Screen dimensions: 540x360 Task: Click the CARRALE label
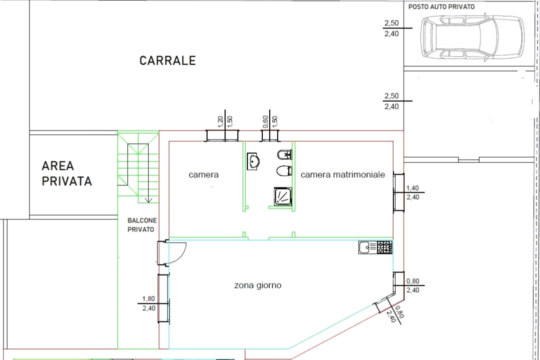[x=167, y=60]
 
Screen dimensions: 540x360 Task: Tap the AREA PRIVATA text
[x=67, y=173]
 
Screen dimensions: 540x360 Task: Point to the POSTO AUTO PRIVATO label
[x=441, y=6]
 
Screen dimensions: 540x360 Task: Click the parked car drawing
[x=472, y=37]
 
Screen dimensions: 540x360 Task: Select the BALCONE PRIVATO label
[x=142, y=225]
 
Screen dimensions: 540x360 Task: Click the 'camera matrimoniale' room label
[x=343, y=174]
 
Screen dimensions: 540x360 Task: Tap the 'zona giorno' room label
[x=258, y=285]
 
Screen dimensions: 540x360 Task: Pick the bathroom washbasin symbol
[x=253, y=161]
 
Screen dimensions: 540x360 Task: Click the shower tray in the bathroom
[x=283, y=196]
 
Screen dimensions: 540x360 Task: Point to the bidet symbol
[x=284, y=155]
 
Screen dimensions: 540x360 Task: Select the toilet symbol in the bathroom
[x=284, y=170]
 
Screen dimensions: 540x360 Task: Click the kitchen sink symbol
[x=368, y=247]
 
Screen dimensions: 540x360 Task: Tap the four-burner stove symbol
[x=384, y=247]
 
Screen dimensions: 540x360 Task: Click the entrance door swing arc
[x=180, y=255]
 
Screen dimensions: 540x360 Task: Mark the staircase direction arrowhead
[x=149, y=199]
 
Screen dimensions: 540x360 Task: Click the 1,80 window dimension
[x=149, y=298]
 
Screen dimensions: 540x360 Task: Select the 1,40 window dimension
[x=413, y=188]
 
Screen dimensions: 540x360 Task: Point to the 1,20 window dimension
[x=221, y=121]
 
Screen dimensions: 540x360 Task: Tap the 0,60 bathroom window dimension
[x=265, y=121]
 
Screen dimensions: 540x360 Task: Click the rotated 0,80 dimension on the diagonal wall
[x=400, y=312]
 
